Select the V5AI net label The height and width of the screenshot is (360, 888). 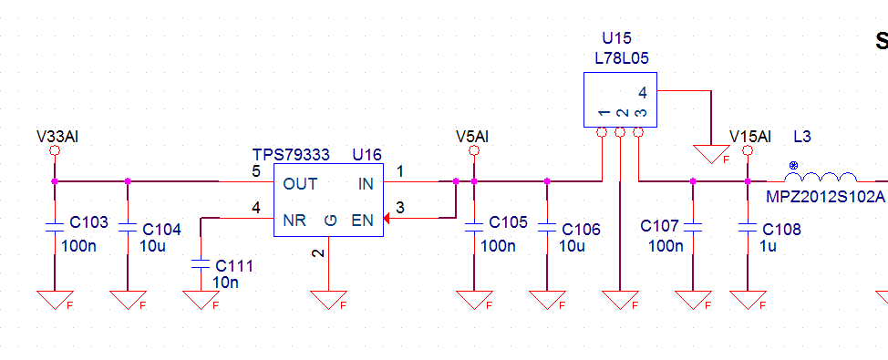pyautogui.click(x=471, y=137)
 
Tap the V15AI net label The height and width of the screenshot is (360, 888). pyautogui.click(x=750, y=137)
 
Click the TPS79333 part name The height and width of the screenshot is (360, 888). pyautogui.click(x=291, y=155)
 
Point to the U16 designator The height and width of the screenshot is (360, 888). pyautogui.click(x=367, y=155)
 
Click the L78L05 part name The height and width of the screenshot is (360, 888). pyautogui.click(x=622, y=57)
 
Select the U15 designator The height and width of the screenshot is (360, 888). pyautogui.click(x=616, y=38)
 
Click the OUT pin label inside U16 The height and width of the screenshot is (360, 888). pyautogui.click(x=300, y=184)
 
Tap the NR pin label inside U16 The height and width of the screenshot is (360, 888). pyautogui.click(x=294, y=221)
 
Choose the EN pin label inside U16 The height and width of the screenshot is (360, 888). pyautogui.click(x=363, y=221)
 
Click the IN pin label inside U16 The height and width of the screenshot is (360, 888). pyautogui.click(x=366, y=184)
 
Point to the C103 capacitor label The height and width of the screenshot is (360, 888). pyautogui.click(x=89, y=222)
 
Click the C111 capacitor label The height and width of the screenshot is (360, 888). pyautogui.click(x=234, y=265)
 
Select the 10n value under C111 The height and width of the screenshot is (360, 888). pyautogui.click(x=225, y=282)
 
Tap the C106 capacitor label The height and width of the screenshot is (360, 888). pyautogui.click(x=581, y=230)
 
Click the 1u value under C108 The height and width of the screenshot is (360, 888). pyautogui.click(x=768, y=246)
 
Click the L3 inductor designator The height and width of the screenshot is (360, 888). pyautogui.click(x=802, y=137)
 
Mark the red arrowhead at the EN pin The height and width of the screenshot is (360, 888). pyautogui.click(x=387, y=218)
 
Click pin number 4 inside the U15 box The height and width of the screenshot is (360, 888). pyautogui.click(x=642, y=92)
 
